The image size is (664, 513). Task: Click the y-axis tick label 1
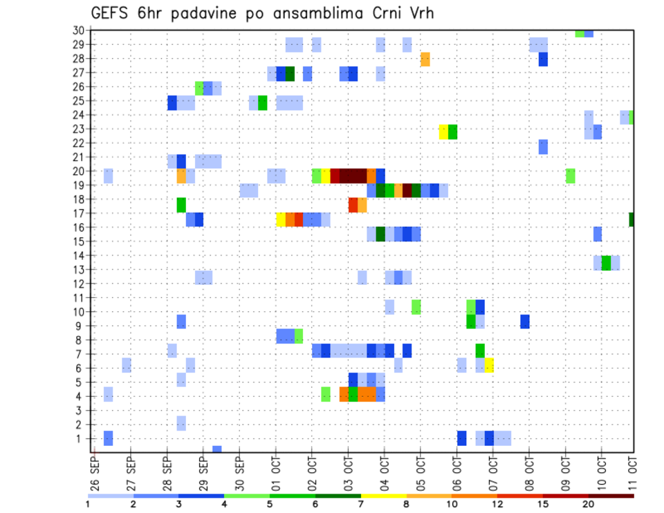pyautogui.click(x=81, y=438)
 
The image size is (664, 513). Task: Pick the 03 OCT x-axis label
pyautogui.click(x=348, y=472)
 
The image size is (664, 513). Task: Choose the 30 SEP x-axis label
pyautogui.click(x=240, y=472)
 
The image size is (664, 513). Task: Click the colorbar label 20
pyautogui.click(x=589, y=505)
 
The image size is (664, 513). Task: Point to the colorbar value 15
pyautogui.click(x=543, y=505)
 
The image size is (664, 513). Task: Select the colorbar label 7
pyautogui.click(x=361, y=505)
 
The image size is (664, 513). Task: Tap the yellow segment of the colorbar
pyautogui.click(x=384, y=496)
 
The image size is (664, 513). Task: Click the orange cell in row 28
pyautogui.click(x=425, y=59)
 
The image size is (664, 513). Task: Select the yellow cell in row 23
pyautogui.click(x=443, y=131)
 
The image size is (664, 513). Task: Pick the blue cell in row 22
pyautogui.click(x=543, y=147)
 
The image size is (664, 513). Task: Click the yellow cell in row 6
pyautogui.click(x=489, y=365)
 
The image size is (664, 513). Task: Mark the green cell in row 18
pyautogui.click(x=181, y=205)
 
